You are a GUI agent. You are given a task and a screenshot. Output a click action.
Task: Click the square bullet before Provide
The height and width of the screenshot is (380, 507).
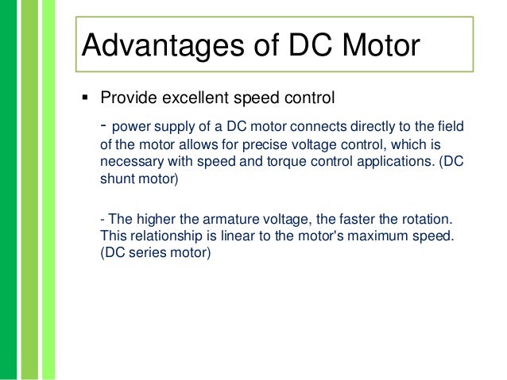tap(85, 99)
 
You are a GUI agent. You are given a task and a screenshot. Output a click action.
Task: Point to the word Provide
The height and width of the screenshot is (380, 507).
tap(128, 98)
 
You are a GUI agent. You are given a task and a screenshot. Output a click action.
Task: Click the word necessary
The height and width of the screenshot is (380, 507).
tap(130, 162)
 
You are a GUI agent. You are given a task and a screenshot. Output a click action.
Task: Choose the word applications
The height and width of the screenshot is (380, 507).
tap(392, 162)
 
